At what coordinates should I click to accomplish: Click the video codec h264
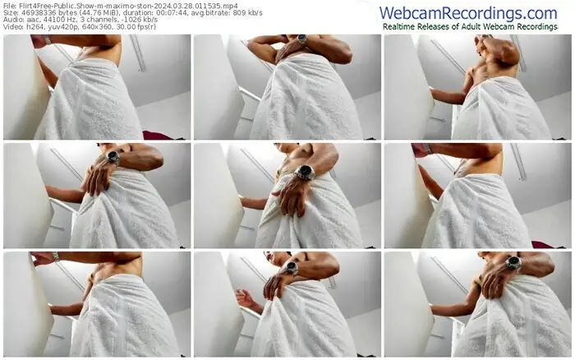click(31, 27)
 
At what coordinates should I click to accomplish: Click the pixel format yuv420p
click(53, 27)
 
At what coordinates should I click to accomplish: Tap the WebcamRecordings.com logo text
click(468, 13)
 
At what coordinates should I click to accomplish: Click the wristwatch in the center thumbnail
click(305, 172)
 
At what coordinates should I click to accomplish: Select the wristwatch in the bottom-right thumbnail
click(513, 263)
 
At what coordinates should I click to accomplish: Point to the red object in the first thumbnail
click(158, 135)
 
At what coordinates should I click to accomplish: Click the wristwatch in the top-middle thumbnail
click(302, 39)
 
